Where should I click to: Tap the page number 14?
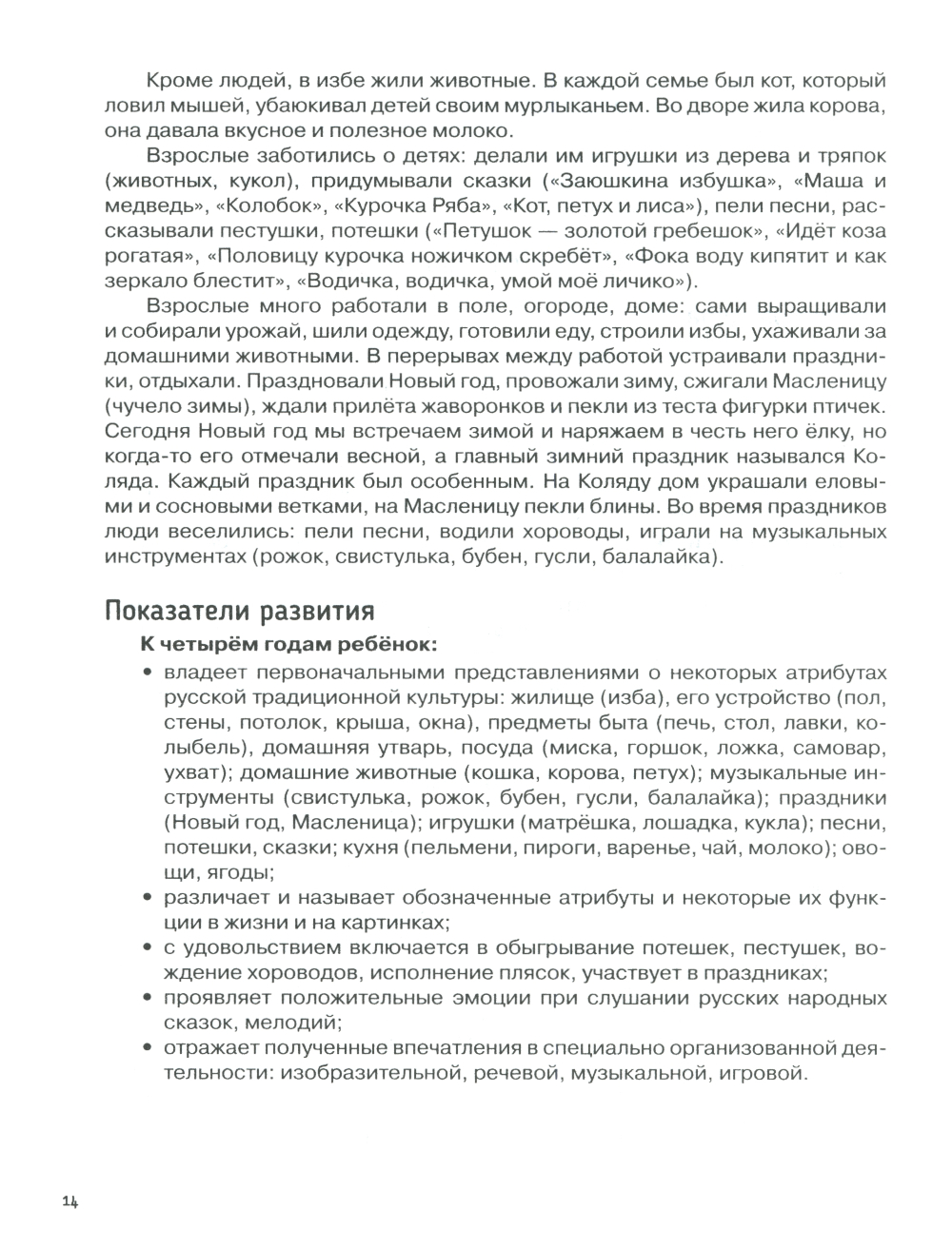(x=68, y=1201)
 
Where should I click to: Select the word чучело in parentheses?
(x=157, y=407)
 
